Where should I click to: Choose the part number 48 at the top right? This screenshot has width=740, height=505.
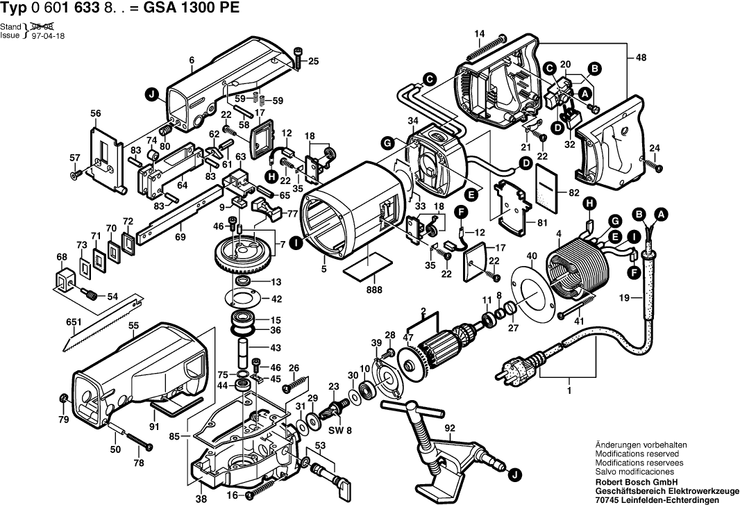639,60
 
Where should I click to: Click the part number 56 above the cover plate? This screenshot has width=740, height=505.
96,114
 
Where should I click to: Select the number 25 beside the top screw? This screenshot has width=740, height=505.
314,61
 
